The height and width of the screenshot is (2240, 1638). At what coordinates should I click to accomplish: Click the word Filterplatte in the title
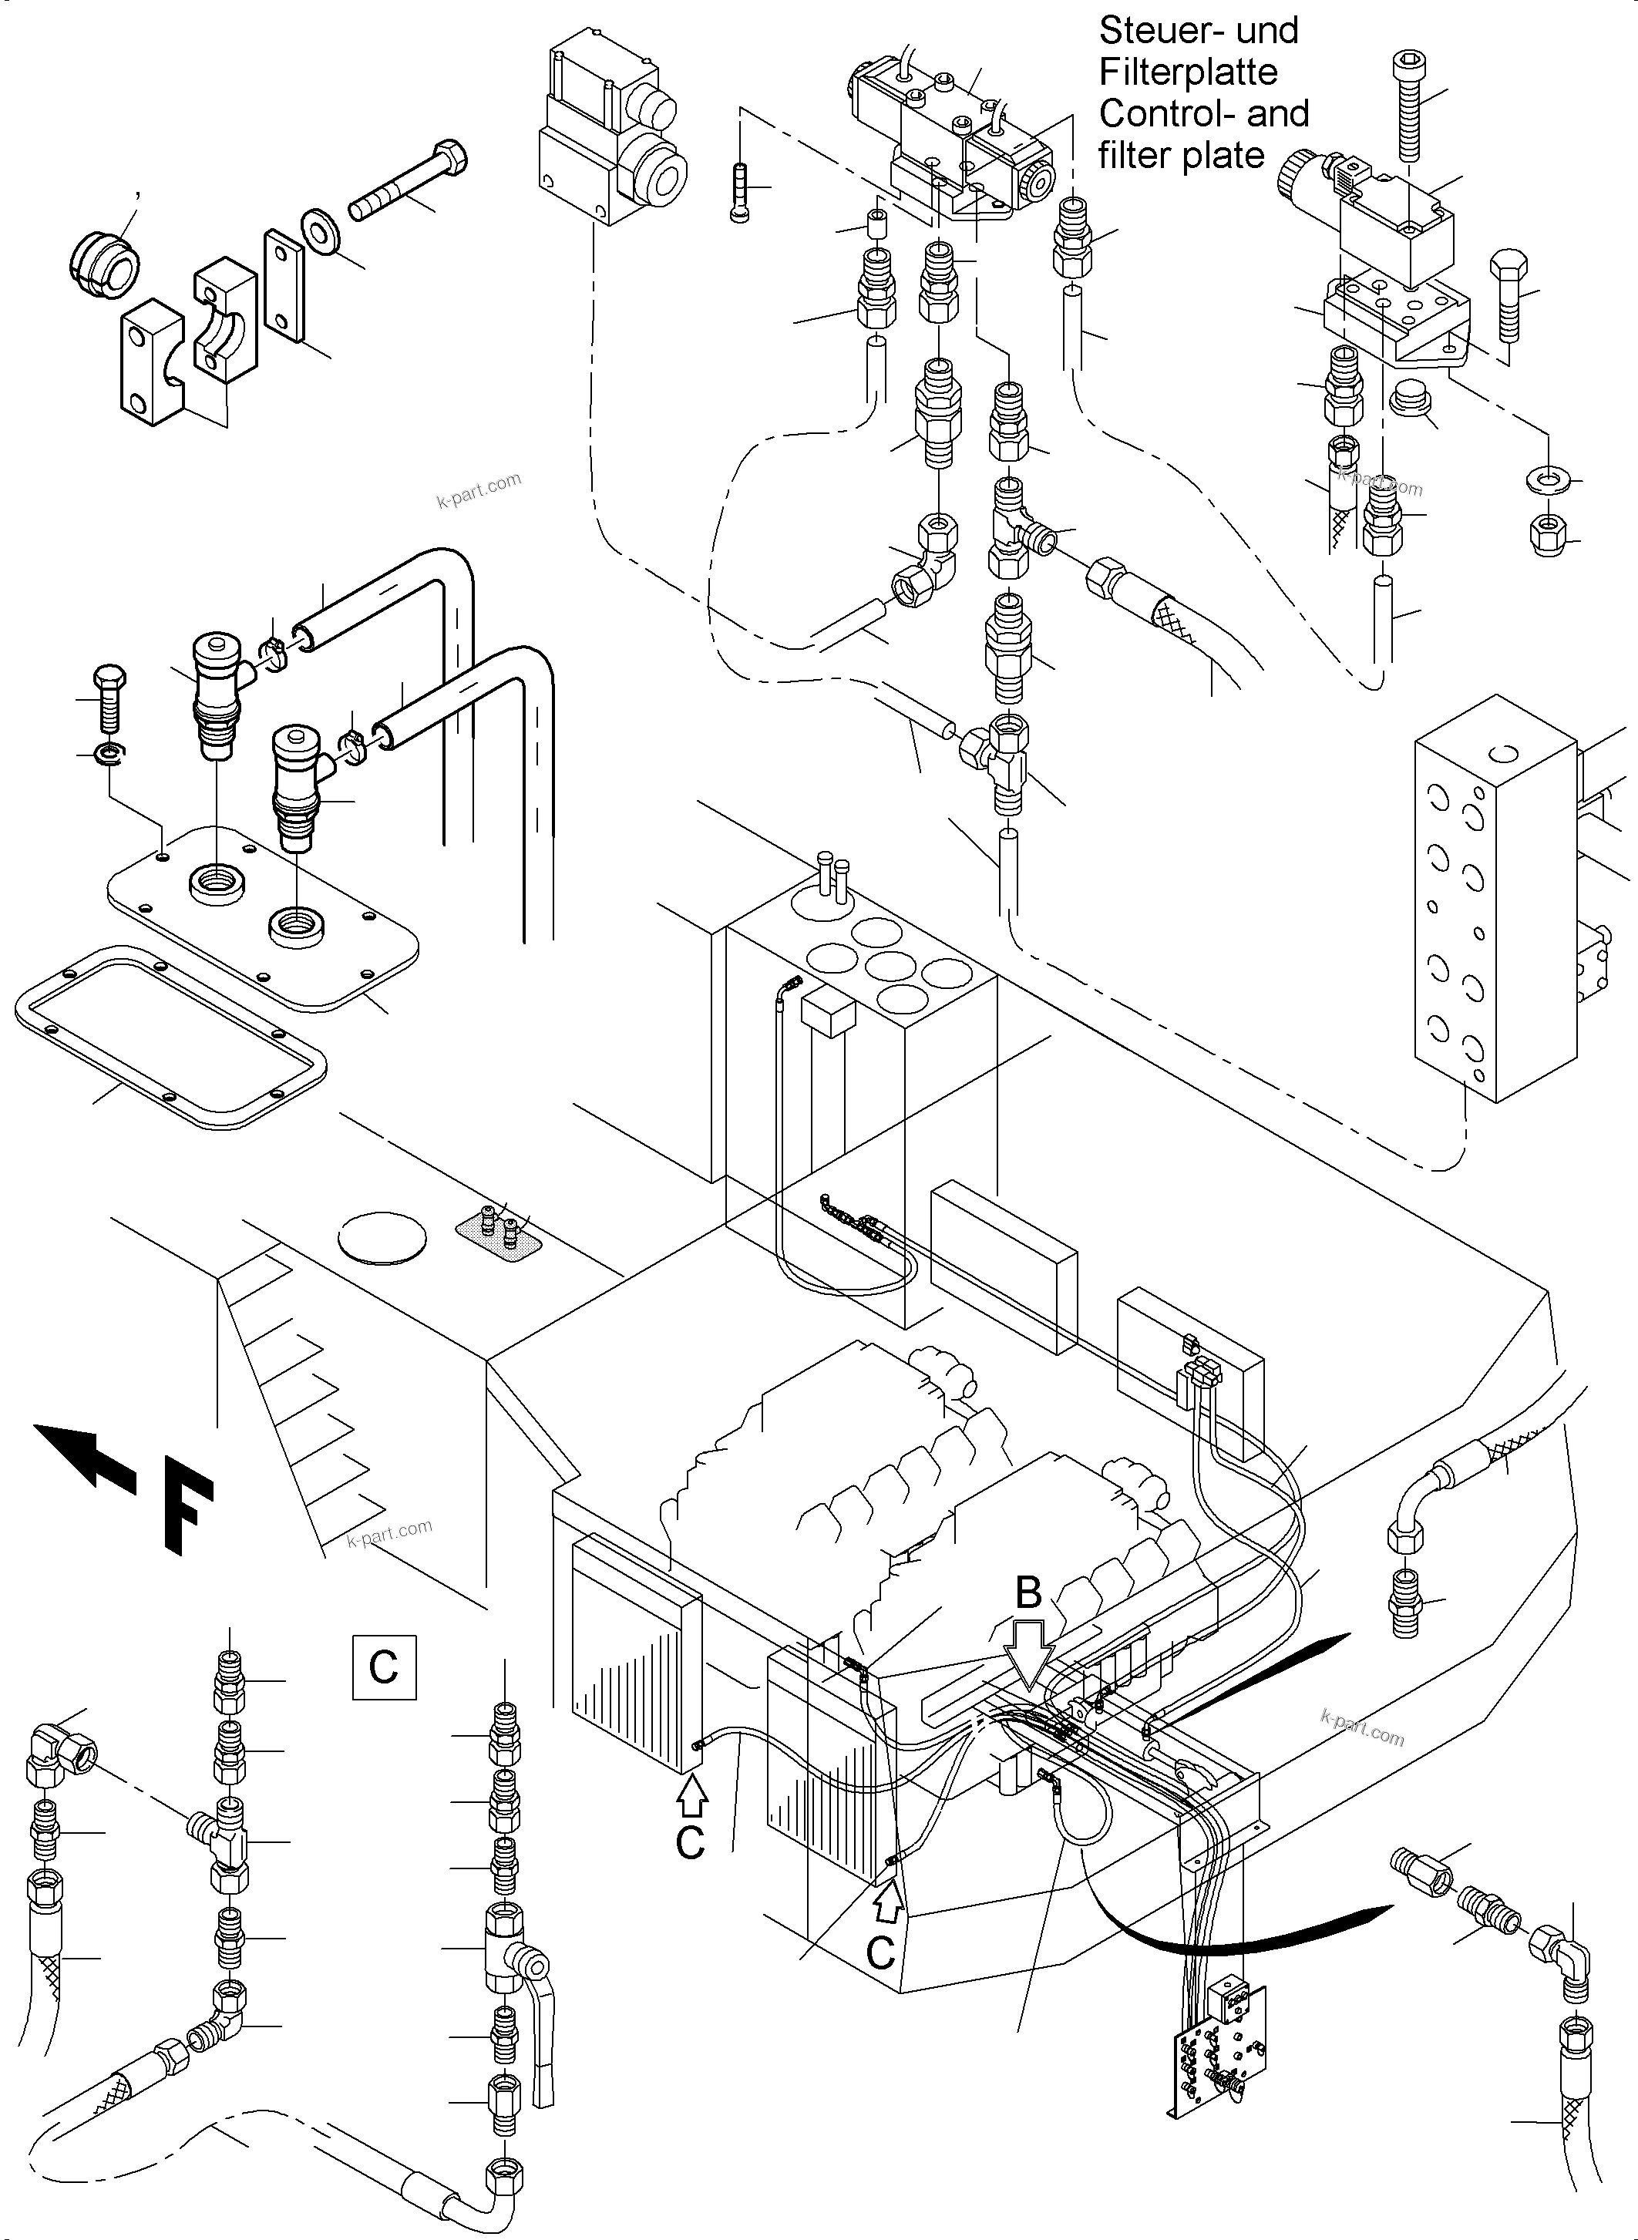[x=1188, y=73]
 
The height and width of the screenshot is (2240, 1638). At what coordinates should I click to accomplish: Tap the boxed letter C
[x=384, y=1667]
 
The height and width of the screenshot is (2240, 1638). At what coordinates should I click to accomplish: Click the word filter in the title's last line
[x=1130, y=156]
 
